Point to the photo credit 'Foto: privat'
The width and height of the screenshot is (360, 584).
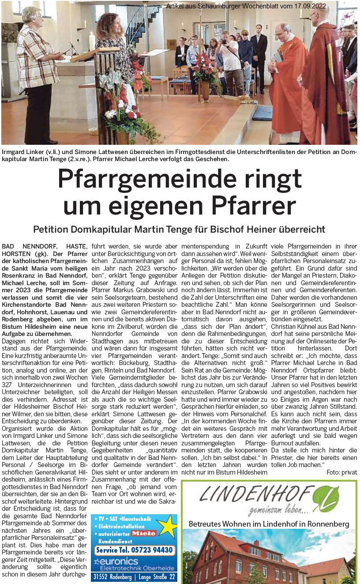(x=342, y=472)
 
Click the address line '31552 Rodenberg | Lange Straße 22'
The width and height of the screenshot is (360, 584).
(x=134, y=577)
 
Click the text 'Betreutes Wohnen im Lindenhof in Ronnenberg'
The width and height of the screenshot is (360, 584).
(x=269, y=524)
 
